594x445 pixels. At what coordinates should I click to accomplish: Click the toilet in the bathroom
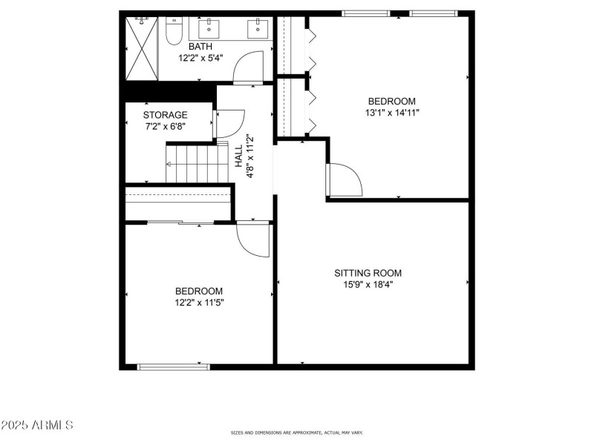point(174,32)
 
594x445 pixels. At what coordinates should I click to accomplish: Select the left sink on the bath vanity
point(207,30)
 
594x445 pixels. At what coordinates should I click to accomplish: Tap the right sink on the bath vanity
point(259,30)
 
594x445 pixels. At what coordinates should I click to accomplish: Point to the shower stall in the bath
point(142,48)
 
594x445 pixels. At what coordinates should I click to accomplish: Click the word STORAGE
point(165,115)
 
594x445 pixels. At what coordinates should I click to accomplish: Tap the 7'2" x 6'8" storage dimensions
point(165,126)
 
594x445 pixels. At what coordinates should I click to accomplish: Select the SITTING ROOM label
point(368,273)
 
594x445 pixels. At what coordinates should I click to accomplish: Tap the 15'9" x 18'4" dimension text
point(368,284)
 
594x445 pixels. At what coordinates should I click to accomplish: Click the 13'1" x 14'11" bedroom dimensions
point(391,113)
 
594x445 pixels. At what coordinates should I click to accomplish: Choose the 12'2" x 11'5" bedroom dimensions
point(198,303)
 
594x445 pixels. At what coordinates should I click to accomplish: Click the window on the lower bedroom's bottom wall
point(174,366)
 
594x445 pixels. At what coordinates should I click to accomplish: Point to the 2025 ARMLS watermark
point(37,426)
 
